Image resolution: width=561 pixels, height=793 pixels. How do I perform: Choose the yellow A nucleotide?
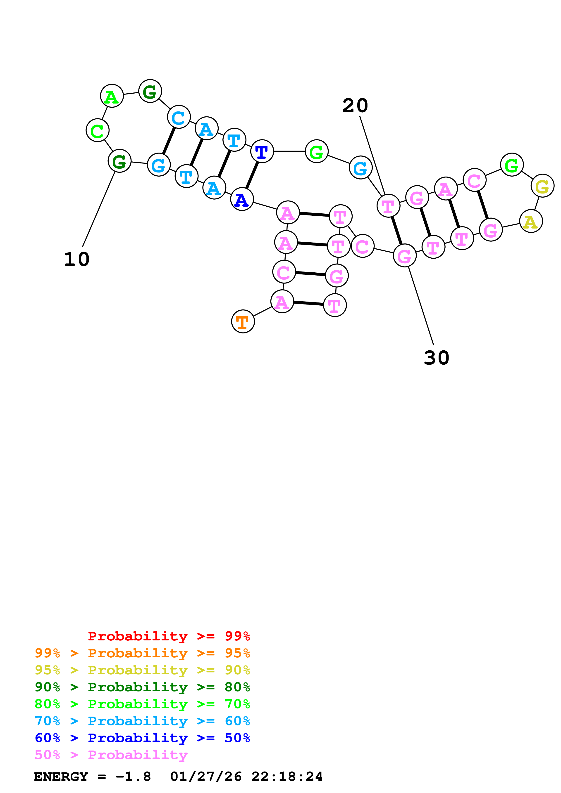tap(531, 221)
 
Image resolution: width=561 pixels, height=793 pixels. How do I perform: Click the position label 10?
tap(77, 259)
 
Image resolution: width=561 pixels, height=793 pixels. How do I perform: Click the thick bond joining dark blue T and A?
tap(252, 175)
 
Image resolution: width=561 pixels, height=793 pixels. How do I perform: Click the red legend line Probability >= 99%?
tap(169, 636)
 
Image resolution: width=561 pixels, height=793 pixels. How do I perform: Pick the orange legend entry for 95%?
tap(142, 653)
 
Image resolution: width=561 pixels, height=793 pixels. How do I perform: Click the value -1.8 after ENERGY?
tap(133, 776)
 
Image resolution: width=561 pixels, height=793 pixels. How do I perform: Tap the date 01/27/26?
tap(206, 776)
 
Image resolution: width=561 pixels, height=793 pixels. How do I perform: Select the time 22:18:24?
tap(287, 776)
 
